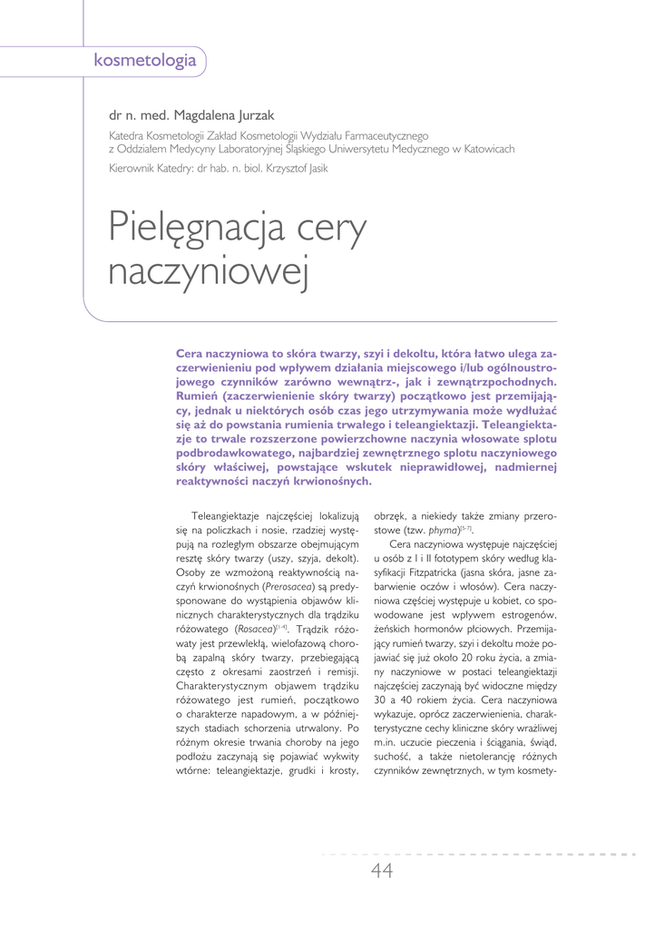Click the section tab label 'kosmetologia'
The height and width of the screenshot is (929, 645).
[x=145, y=61]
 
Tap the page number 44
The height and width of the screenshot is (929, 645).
[x=382, y=871]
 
